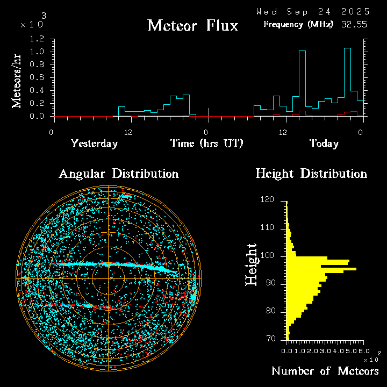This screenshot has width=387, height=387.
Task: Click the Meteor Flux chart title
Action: (x=192, y=25)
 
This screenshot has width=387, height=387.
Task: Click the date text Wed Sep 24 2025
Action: (x=313, y=11)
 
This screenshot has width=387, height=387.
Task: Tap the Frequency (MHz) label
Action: (x=298, y=24)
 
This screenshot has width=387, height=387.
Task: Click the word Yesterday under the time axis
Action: (x=94, y=144)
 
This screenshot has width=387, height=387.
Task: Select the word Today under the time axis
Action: (x=324, y=144)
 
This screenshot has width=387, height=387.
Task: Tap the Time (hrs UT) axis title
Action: (x=206, y=144)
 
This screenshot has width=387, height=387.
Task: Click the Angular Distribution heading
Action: (x=118, y=174)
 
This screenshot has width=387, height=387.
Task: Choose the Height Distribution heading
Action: (x=311, y=174)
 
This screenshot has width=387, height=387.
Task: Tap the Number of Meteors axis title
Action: (x=325, y=371)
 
